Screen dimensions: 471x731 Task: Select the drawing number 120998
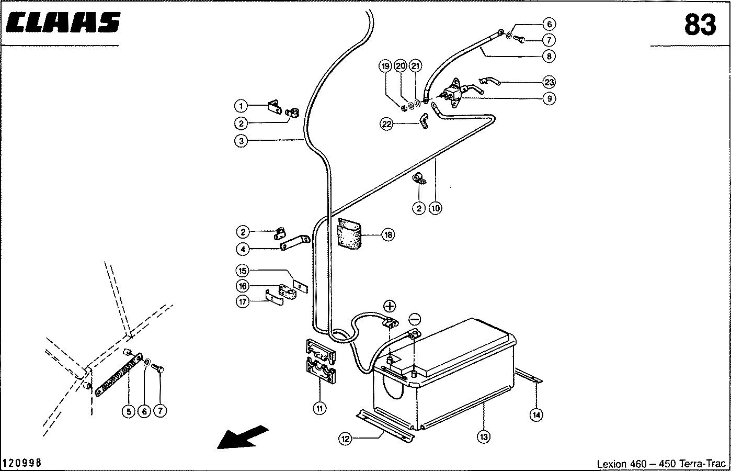22,463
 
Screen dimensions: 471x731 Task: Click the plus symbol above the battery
390,307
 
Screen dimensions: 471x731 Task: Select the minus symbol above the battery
414,318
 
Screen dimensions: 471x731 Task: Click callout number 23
549,82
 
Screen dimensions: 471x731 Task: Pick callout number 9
549,98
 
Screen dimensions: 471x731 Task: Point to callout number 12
345,440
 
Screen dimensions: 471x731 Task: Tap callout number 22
386,124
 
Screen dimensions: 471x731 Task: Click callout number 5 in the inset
129,411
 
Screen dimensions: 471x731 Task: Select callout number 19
385,66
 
